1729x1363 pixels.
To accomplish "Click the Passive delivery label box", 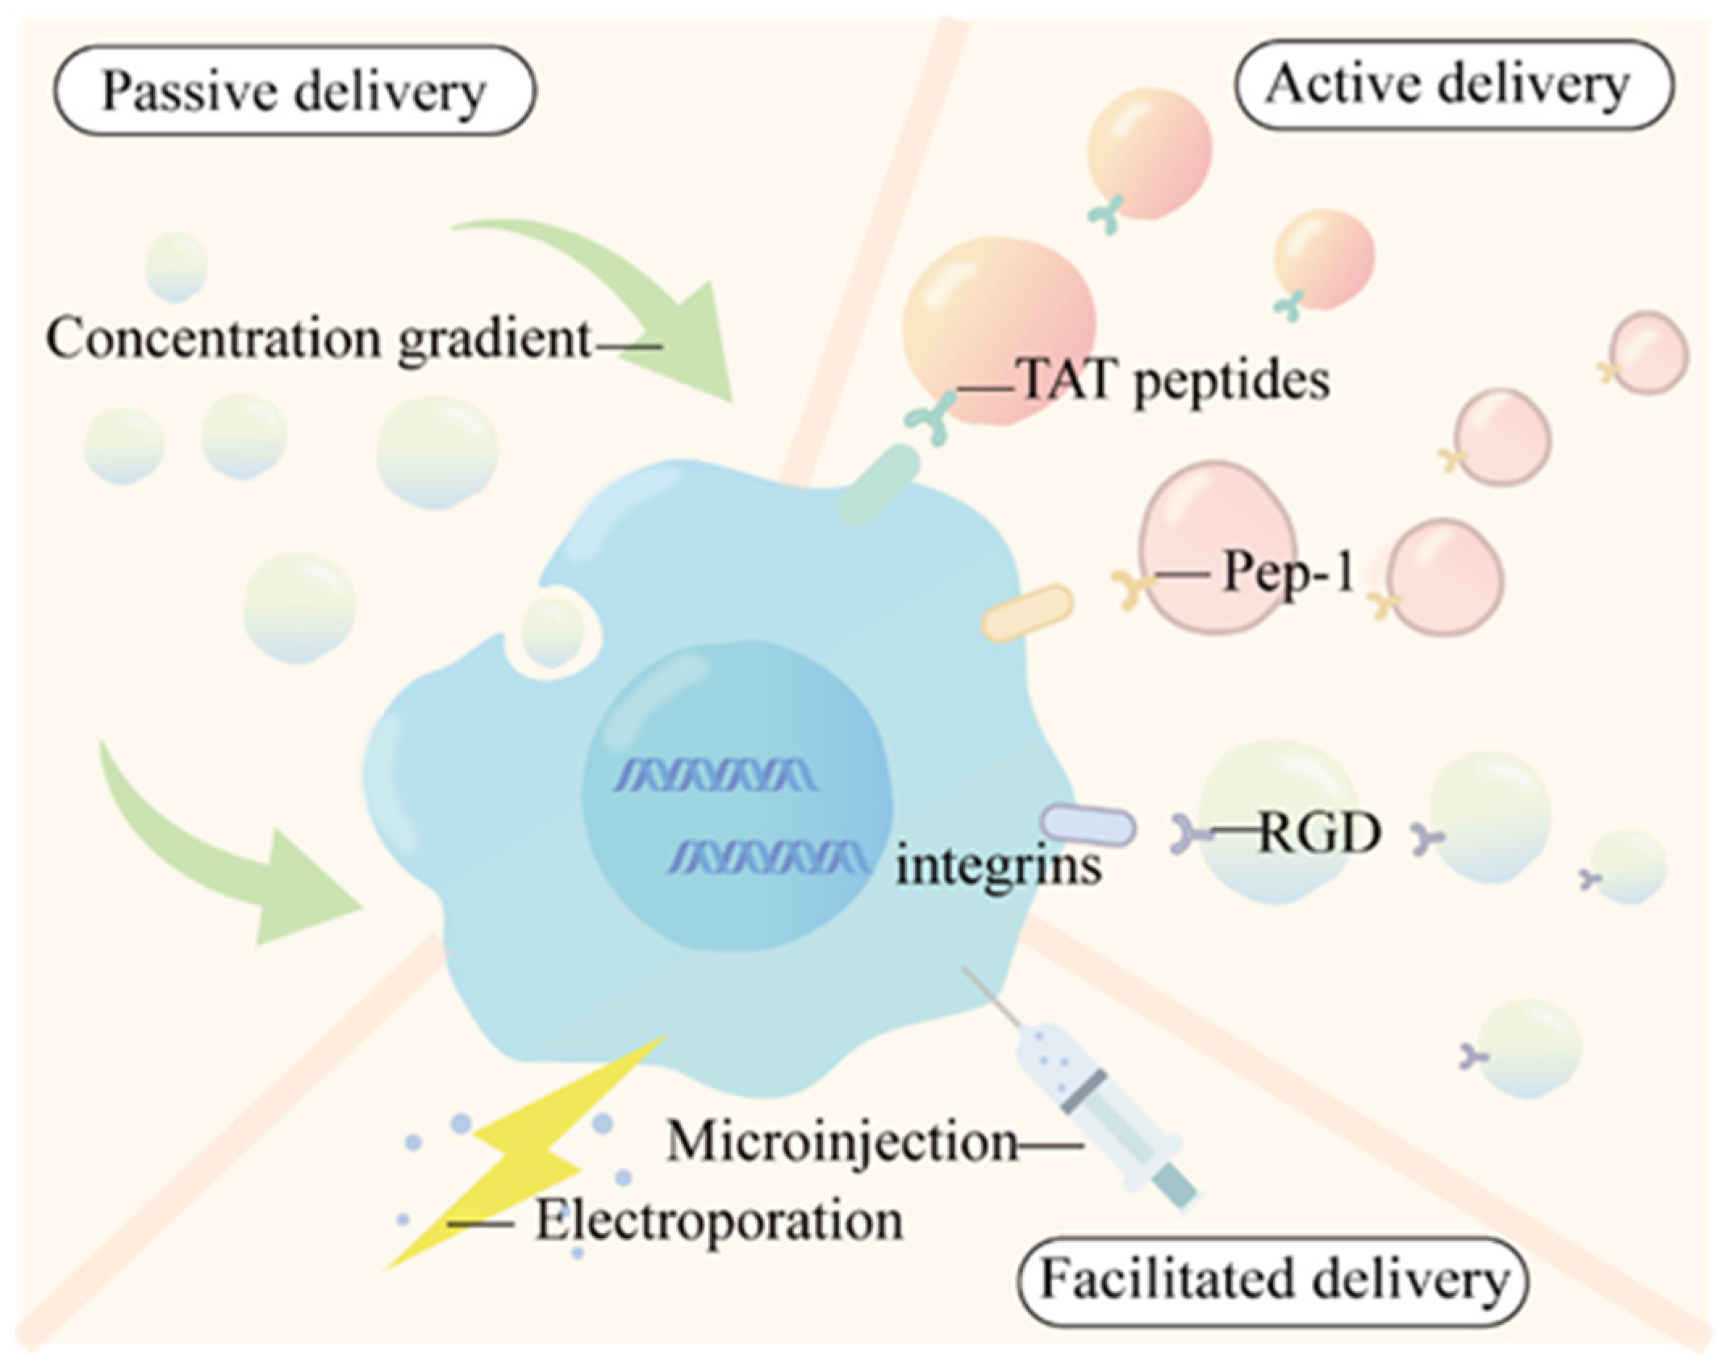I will coord(294,90).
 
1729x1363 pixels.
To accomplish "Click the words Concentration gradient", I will coord(319,340).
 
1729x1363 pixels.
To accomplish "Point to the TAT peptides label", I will coord(1174,380).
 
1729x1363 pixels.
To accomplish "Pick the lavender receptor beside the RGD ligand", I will coord(1088,825).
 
